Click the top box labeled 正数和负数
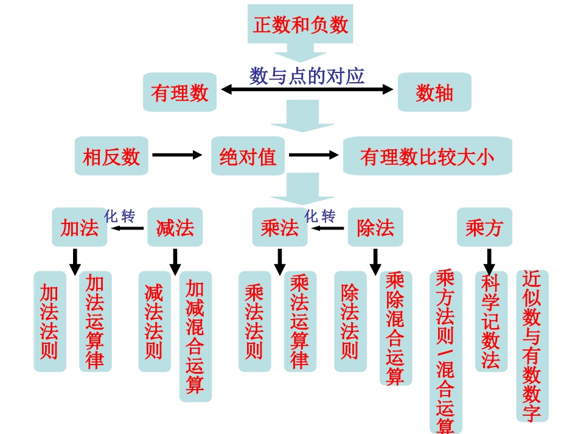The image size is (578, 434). pos(300,25)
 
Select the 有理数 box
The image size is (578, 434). pos(179,93)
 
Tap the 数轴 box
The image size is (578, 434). pos(434,93)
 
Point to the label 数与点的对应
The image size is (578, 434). pos(307,75)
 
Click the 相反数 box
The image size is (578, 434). pos(111,156)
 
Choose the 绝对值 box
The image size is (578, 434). pos(248,156)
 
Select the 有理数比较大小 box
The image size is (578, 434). pos(427,156)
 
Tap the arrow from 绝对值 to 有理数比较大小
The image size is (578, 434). pos(314,155)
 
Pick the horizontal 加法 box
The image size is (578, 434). pos(79,228)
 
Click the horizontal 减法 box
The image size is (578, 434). pos(175,228)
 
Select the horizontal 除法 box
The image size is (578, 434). pos(375,228)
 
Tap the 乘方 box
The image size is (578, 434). pos(484,228)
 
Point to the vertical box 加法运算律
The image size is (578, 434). pos(95,321)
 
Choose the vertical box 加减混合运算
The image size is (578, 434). pos(195,336)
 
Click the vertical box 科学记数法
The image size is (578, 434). pos(491,321)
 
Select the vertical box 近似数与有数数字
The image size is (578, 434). pos(532,346)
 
